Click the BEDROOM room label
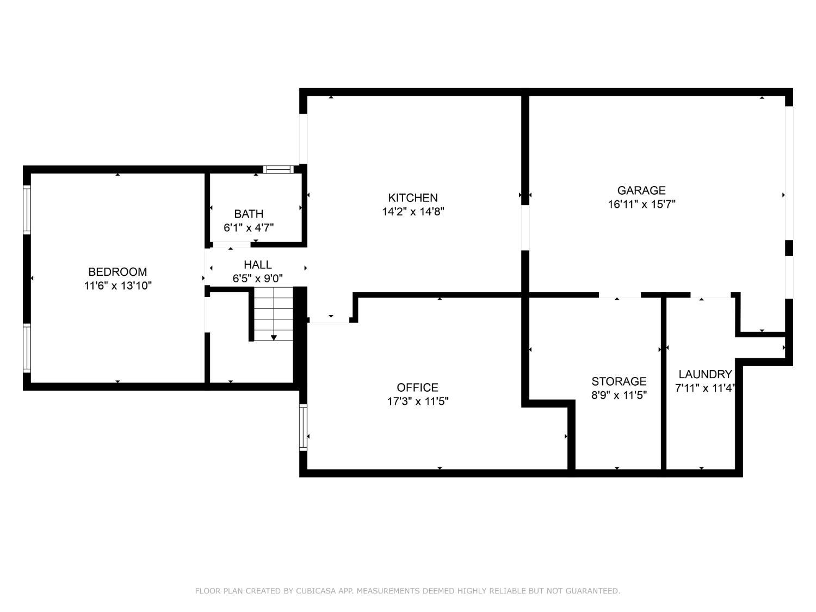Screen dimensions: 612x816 [x=118, y=271]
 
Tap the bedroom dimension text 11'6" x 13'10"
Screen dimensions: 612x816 [x=118, y=286]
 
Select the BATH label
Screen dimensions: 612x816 [x=249, y=214]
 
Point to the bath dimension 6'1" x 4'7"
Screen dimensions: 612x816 [x=249, y=228]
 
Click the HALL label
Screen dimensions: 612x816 [x=258, y=265]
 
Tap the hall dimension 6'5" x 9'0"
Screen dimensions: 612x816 [x=258, y=279]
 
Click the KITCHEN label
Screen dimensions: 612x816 [x=413, y=197]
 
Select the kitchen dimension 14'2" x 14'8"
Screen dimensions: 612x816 [x=413, y=212]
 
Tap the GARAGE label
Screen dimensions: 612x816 [x=641, y=190]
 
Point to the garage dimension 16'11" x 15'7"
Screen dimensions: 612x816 [x=641, y=205]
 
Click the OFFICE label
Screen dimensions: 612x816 [x=417, y=387]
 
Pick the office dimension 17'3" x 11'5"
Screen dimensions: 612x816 [x=417, y=401]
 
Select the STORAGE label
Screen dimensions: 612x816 [x=619, y=381]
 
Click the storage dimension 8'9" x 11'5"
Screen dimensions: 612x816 [x=619, y=395]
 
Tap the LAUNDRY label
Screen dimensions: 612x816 [x=705, y=374]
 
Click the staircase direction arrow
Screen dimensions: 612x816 [x=274, y=337]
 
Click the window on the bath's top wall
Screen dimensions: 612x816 [x=278, y=169]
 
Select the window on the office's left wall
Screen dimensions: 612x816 [x=304, y=427]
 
